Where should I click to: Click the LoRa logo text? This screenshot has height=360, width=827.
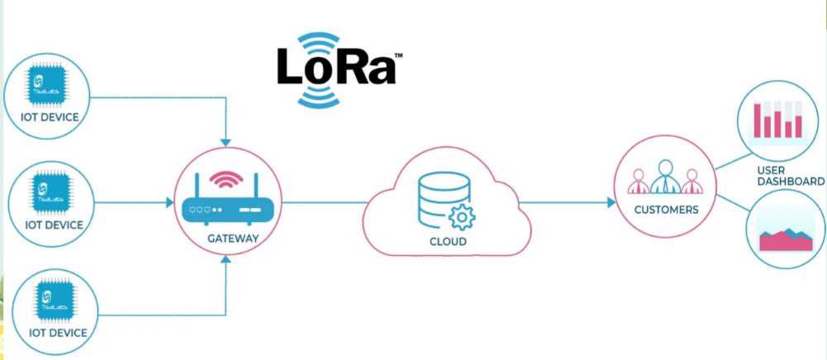pyautogui.click(x=335, y=69)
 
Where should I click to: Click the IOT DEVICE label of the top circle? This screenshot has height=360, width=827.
pyautogui.click(x=50, y=117)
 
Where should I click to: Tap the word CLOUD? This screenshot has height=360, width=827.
pyautogui.click(x=448, y=242)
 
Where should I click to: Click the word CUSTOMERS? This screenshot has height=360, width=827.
pyautogui.click(x=666, y=210)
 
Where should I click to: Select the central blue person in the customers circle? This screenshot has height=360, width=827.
pyautogui.click(x=666, y=178)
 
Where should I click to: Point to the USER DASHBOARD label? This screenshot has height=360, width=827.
pyautogui.click(x=791, y=175)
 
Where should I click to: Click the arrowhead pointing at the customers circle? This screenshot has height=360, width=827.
pyautogui.click(x=611, y=202)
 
